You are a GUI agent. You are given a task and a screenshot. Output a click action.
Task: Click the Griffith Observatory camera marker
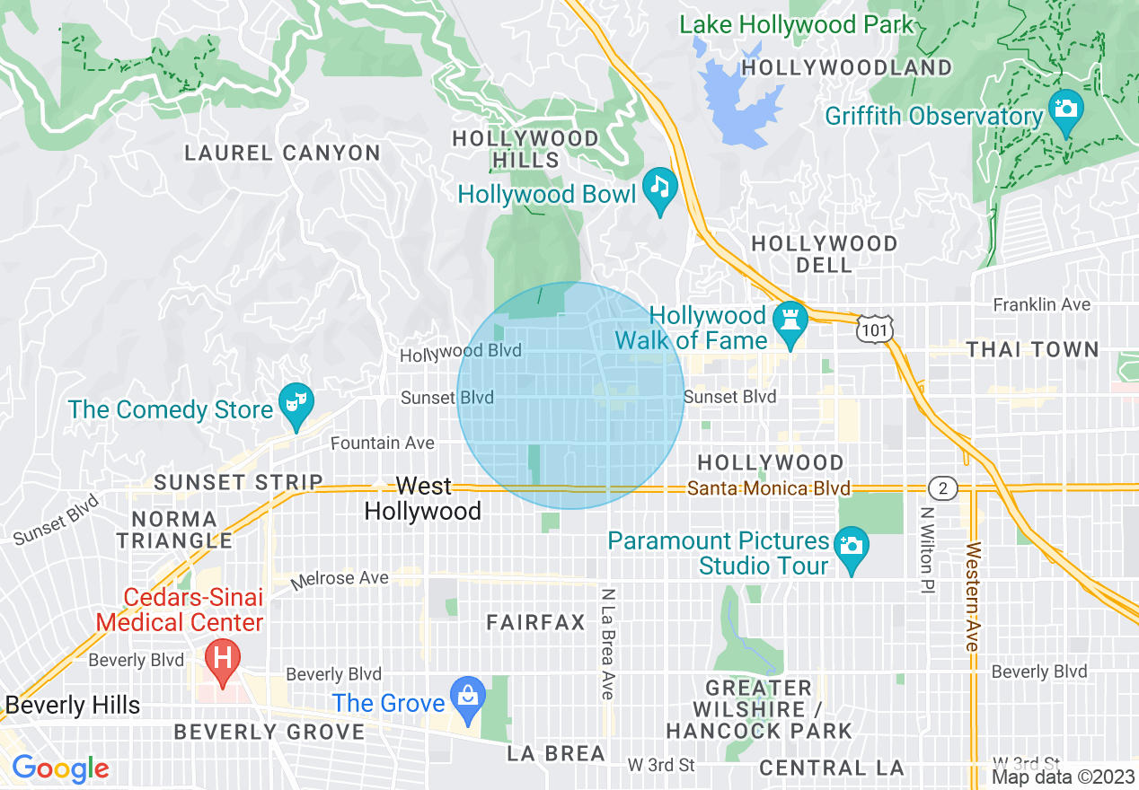[1066, 110]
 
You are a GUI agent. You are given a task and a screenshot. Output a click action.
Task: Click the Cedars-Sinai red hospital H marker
[222, 660]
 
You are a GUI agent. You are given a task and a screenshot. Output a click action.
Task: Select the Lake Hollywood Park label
[796, 24]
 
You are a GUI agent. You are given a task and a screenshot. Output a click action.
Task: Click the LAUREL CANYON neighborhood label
[282, 154]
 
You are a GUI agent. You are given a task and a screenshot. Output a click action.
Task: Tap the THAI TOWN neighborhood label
[1032, 349]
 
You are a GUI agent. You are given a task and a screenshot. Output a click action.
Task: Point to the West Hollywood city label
[423, 499]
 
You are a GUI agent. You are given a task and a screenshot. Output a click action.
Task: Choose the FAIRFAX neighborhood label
[535, 622]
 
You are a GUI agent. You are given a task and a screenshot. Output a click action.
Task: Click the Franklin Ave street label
[1041, 305]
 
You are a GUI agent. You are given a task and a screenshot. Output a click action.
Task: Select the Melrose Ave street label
[340, 580]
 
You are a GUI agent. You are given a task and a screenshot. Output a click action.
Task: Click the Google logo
[60, 768]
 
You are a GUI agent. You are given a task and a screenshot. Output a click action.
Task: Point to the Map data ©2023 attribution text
[1063, 777]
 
